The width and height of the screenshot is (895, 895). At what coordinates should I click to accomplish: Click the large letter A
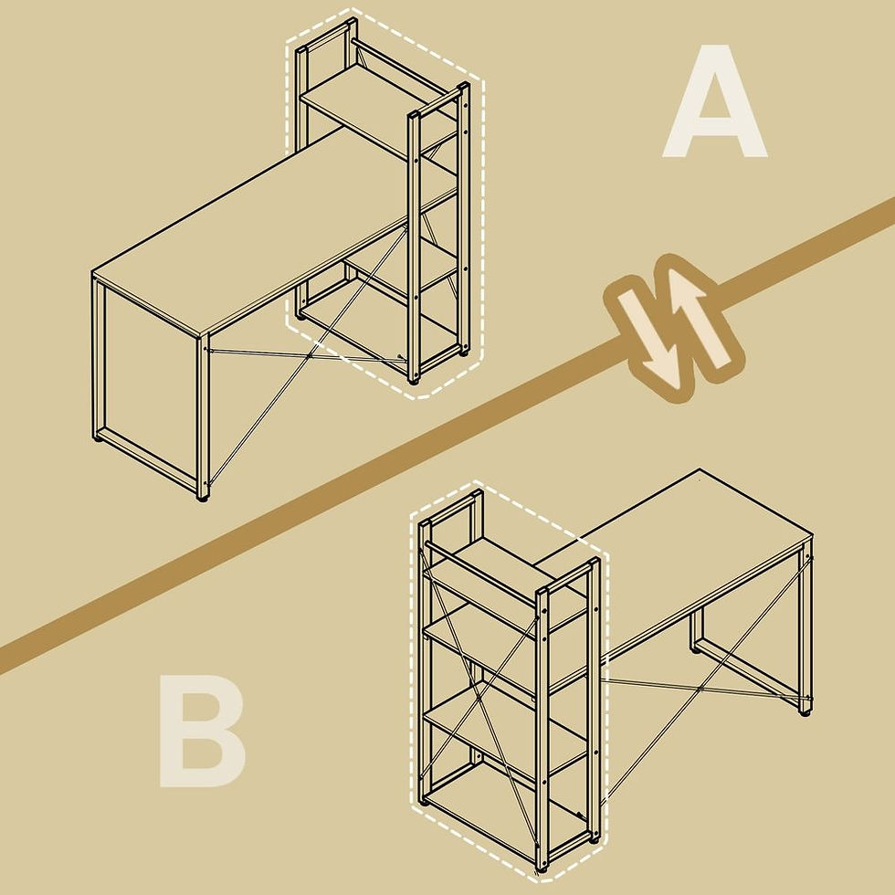coord(714,102)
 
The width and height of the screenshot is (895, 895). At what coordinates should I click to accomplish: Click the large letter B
coord(203,732)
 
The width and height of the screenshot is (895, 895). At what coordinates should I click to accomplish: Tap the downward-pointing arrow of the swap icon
coord(647,337)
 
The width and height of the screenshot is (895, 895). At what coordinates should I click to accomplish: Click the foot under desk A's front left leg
coord(203,498)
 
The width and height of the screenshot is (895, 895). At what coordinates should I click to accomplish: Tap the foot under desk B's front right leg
coord(805,713)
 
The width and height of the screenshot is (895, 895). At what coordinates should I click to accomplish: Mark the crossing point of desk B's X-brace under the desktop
coord(700,690)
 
